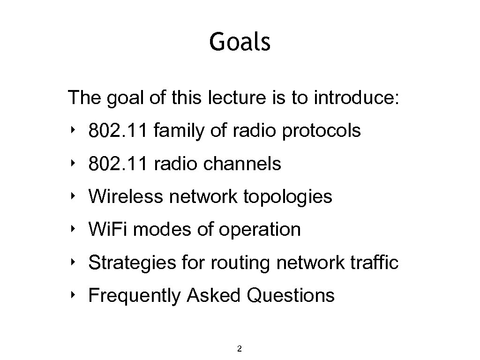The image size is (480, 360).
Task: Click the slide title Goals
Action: pyautogui.click(x=240, y=42)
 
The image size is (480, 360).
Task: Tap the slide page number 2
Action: pyautogui.click(x=240, y=348)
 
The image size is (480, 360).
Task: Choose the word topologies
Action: pyautogui.click(x=287, y=197)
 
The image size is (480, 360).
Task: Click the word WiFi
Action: pyautogui.click(x=109, y=230)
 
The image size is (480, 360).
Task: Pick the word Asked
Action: pyautogui.click(x=214, y=295)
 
